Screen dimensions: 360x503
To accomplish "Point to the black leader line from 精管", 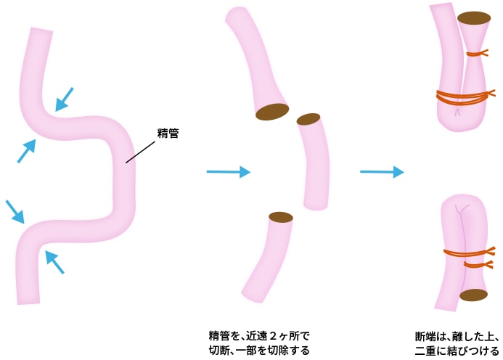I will (x=141, y=152).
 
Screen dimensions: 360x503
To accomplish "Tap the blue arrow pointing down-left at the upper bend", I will (x=65, y=99).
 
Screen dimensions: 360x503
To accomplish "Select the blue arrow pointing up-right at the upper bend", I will (x=26, y=151).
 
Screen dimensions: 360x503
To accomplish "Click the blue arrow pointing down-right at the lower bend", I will (x=15, y=211).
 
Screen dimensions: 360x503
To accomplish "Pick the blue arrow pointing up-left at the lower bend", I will (x=54, y=262).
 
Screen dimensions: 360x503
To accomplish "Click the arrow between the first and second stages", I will (x=228, y=172).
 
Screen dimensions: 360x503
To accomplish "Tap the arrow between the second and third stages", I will (x=382, y=172).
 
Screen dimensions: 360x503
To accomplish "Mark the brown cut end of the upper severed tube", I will (x=272, y=112).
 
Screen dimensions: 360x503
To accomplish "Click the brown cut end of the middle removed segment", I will (x=308, y=119).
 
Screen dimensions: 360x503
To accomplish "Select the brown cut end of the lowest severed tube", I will (x=281, y=217).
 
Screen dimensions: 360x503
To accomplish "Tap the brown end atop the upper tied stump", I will (x=474, y=17).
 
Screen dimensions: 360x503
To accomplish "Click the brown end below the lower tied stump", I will (x=473, y=295).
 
